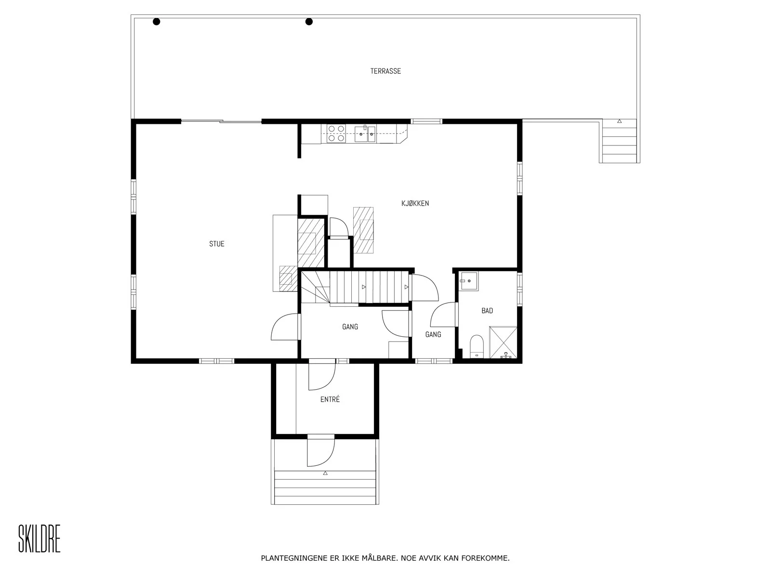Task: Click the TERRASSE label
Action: pyautogui.click(x=385, y=71)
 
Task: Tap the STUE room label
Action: pyautogui.click(x=216, y=244)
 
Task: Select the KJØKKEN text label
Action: pyautogui.click(x=415, y=203)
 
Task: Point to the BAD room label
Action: pyautogui.click(x=487, y=311)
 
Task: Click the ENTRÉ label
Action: pyautogui.click(x=330, y=399)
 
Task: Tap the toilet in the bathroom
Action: pyautogui.click(x=477, y=346)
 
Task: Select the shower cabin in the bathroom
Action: pyautogui.click(x=503, y=342)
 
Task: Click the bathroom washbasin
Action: pyautogui.click(x=468, y=281)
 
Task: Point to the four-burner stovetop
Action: pyautogui.click(x=336, y=134)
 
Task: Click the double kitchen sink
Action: pyautogui.click(x=365, y=134)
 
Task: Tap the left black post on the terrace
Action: pyautogui.click(x=156, y=22)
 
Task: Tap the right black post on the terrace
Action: pyautogui.click(x=309, y=22)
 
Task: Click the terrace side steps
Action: pyautogui.click(x=619, y=141)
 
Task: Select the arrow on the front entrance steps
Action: pyautogui.click(x=325, y=473)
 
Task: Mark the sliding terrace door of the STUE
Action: pyautogui.click(x=221, y=121)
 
